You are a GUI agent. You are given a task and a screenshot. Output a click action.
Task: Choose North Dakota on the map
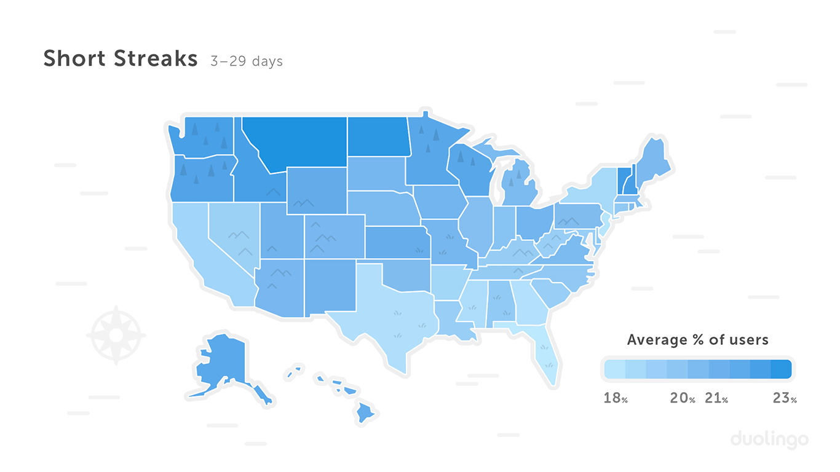[x=378, y=136]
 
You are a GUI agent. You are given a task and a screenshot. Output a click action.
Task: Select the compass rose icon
[x=116, y=335]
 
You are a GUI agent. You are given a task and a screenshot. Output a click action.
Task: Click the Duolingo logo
[x=769, y=439]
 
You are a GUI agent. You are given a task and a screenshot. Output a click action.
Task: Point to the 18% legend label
[x=616, y=398]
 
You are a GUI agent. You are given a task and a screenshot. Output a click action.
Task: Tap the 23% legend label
[x=784, y=398]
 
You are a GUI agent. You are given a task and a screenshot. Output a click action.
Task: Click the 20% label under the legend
[x=682, y=398]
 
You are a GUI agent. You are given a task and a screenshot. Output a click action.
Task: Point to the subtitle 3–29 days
[x=246, y=61]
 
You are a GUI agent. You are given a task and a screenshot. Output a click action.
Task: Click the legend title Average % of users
[x=697, y=340]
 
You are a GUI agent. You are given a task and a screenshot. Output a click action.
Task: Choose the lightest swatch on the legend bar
[x=614, y=369]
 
